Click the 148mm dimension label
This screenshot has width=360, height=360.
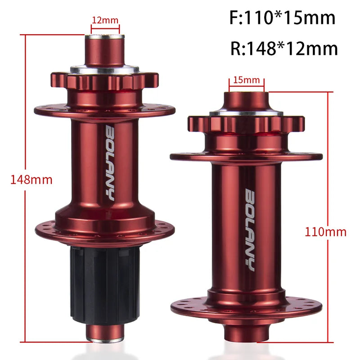coord(31,180)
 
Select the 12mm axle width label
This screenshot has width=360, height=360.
coord(105,20)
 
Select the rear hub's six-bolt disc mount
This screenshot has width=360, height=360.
coord(104,81)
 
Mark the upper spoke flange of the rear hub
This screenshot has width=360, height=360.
coord(104,109)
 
